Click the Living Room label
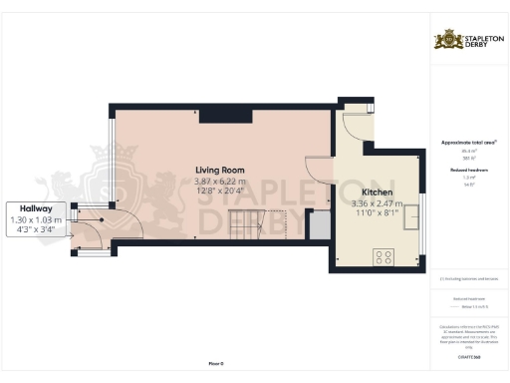pyautogui.click(x=220, y=170)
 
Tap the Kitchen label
pyautogui.click(x=378, y=191)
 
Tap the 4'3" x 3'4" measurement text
pyautogui.click(x=35, y=229)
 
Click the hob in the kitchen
pyautogui.click(x=383, y=257)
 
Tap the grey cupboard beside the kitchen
pyautogui.click(x=320, y=226)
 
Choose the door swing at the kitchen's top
pyautogui.click(x=355, y=125)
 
